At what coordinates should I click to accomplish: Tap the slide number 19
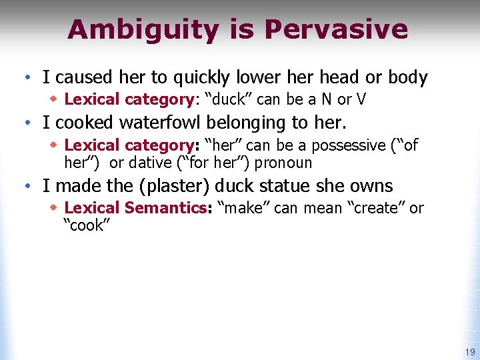click(x=470, y=352)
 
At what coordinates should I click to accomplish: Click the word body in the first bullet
click(x=406, y=78)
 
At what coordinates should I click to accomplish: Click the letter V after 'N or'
click(x=361, y=100)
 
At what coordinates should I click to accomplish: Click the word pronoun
click(x=283, y=162)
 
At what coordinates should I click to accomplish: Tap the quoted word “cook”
click(x=84, y=225)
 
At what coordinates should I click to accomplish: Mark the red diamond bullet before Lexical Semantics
click(x=54, y=207)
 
